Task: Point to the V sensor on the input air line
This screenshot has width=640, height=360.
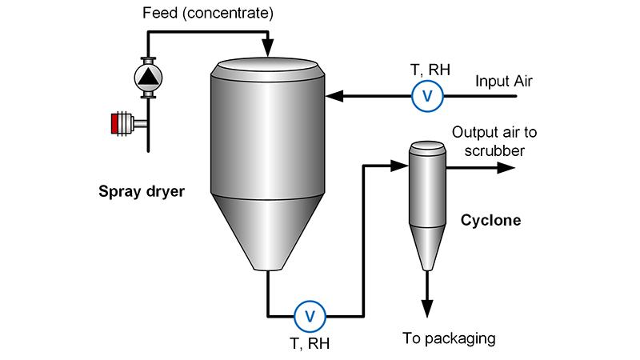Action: coord(427,96)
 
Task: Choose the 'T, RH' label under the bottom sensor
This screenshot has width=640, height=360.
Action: coord(308,343)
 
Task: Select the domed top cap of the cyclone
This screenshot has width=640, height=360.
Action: coord(427,148)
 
